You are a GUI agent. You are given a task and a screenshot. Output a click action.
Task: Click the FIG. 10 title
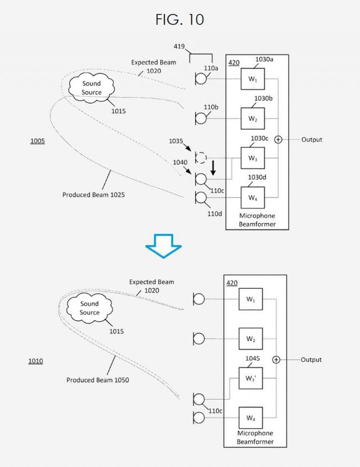tap(179, 20)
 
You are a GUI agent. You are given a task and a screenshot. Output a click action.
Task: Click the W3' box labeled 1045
tap(251, 378)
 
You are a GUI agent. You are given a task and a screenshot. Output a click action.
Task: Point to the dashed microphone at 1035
tap(200, 157)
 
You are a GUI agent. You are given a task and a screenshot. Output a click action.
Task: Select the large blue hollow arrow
tap(163, 248)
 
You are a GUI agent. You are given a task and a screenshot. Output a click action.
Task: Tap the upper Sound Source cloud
tap(91, 88)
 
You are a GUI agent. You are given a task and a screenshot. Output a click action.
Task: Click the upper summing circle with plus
tap(278, 139)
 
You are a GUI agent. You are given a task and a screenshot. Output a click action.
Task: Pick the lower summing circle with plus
tap(276, 360)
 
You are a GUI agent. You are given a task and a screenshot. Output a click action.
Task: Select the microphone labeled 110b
tap(200, 118)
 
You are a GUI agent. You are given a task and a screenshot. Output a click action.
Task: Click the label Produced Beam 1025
tap(93, 195)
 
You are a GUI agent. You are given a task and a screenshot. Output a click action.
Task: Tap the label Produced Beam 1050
tap(97, 380)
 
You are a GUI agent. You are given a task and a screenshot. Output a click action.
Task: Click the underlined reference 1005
tap(37, 141)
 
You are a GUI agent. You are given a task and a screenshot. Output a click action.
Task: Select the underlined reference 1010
tap(35, 361)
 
